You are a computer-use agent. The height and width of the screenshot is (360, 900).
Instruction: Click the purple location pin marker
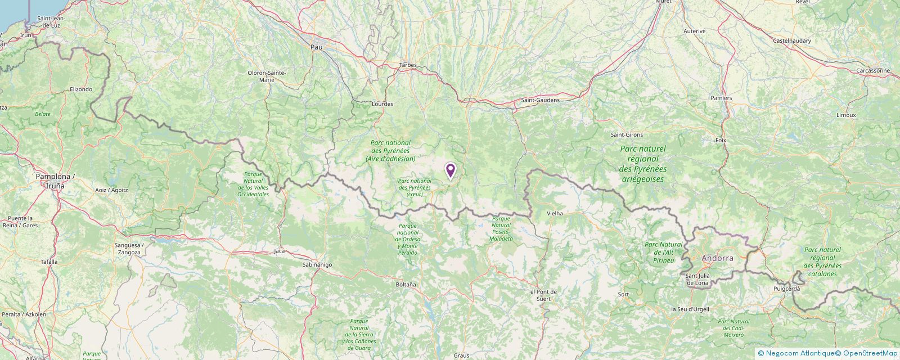pyautogui.click(x=450, y=170)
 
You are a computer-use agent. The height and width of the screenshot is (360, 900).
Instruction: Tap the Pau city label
pyautogui.click(x=316, y=47)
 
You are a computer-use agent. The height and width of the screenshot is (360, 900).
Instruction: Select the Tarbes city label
pyautogui.click(x=408, y=65)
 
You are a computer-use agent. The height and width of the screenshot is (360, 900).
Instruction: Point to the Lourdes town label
pyautogui.click(x=382, y=104)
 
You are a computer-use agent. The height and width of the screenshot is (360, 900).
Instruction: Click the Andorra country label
pyautogui.click(x=717, y=258)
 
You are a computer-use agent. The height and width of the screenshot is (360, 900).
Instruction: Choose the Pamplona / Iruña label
pyautogui.click(x=55, y=181)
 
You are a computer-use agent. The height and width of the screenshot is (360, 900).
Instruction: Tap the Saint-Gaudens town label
pyautogui.click(x=540, y=100)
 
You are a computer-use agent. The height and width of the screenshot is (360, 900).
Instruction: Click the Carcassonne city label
pyautogui.click(x=873, y=71)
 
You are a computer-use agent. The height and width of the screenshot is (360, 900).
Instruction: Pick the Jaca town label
pyautogui.click(x=279, y=251)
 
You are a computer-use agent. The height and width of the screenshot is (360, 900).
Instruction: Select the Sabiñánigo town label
pyautogui.click(x=317, y=264)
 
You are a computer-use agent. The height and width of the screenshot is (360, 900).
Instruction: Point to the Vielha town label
pyautogui.click(x=555, y=214)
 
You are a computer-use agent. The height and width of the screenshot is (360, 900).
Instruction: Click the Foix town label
pyautogui.click(x=721, y=140)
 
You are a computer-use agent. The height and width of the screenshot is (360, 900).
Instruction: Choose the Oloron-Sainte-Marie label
pyautogui.click(x=267, y=76)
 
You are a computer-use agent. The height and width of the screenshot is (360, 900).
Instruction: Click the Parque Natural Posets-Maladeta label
pyautogui.click(x=501, y=228)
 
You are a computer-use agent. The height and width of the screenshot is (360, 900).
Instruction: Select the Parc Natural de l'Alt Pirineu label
pyautogui.click(x=663, y=252)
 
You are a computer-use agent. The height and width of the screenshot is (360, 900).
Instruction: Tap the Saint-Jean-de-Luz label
pyautogui.click(x=52, y=22)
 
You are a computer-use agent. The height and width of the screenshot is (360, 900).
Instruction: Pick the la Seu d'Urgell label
pyautogui.click(x=690, y=309)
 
